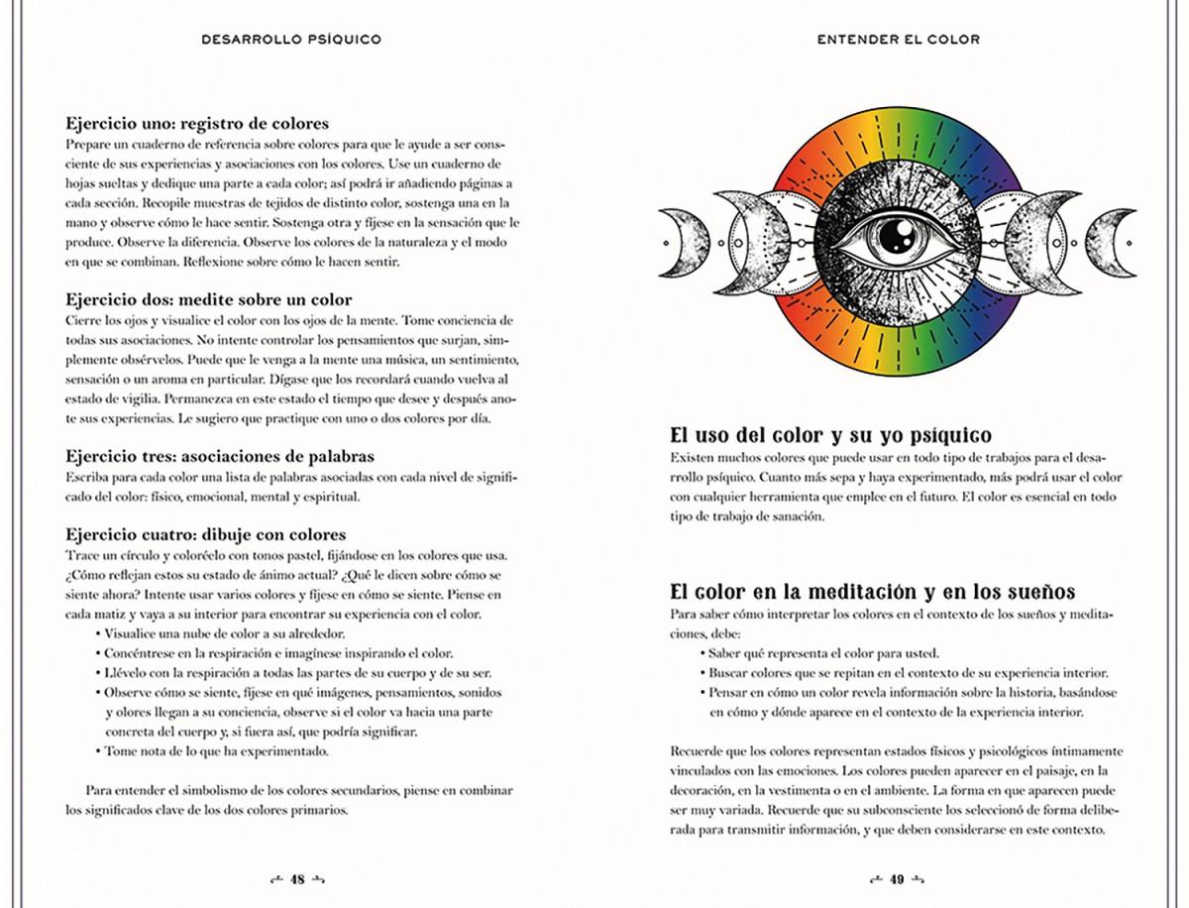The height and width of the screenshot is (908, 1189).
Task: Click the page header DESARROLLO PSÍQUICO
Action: click(290, 40)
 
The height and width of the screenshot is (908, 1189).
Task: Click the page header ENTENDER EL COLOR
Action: click(898, 40)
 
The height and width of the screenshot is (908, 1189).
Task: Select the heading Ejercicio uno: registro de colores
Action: click(197, 124)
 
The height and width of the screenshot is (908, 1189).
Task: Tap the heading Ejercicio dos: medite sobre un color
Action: click(208, 298)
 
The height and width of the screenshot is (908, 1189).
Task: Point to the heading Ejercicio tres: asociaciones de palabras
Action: click(219, 456)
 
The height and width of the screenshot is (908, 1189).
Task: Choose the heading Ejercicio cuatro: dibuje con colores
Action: click(205, 534)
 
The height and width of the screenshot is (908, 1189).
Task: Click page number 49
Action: click(897, 879)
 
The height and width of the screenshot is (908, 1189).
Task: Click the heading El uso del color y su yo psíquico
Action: click(830, 435)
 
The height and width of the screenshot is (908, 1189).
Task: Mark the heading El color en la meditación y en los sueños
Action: click(872, 592)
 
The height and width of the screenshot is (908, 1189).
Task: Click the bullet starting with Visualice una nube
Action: click(223, 632)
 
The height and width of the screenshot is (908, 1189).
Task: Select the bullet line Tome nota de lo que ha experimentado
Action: click(216, 750)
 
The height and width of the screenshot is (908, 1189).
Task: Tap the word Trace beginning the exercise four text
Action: click(83, 554)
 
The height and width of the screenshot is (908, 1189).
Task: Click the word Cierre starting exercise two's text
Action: click(85, 319)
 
